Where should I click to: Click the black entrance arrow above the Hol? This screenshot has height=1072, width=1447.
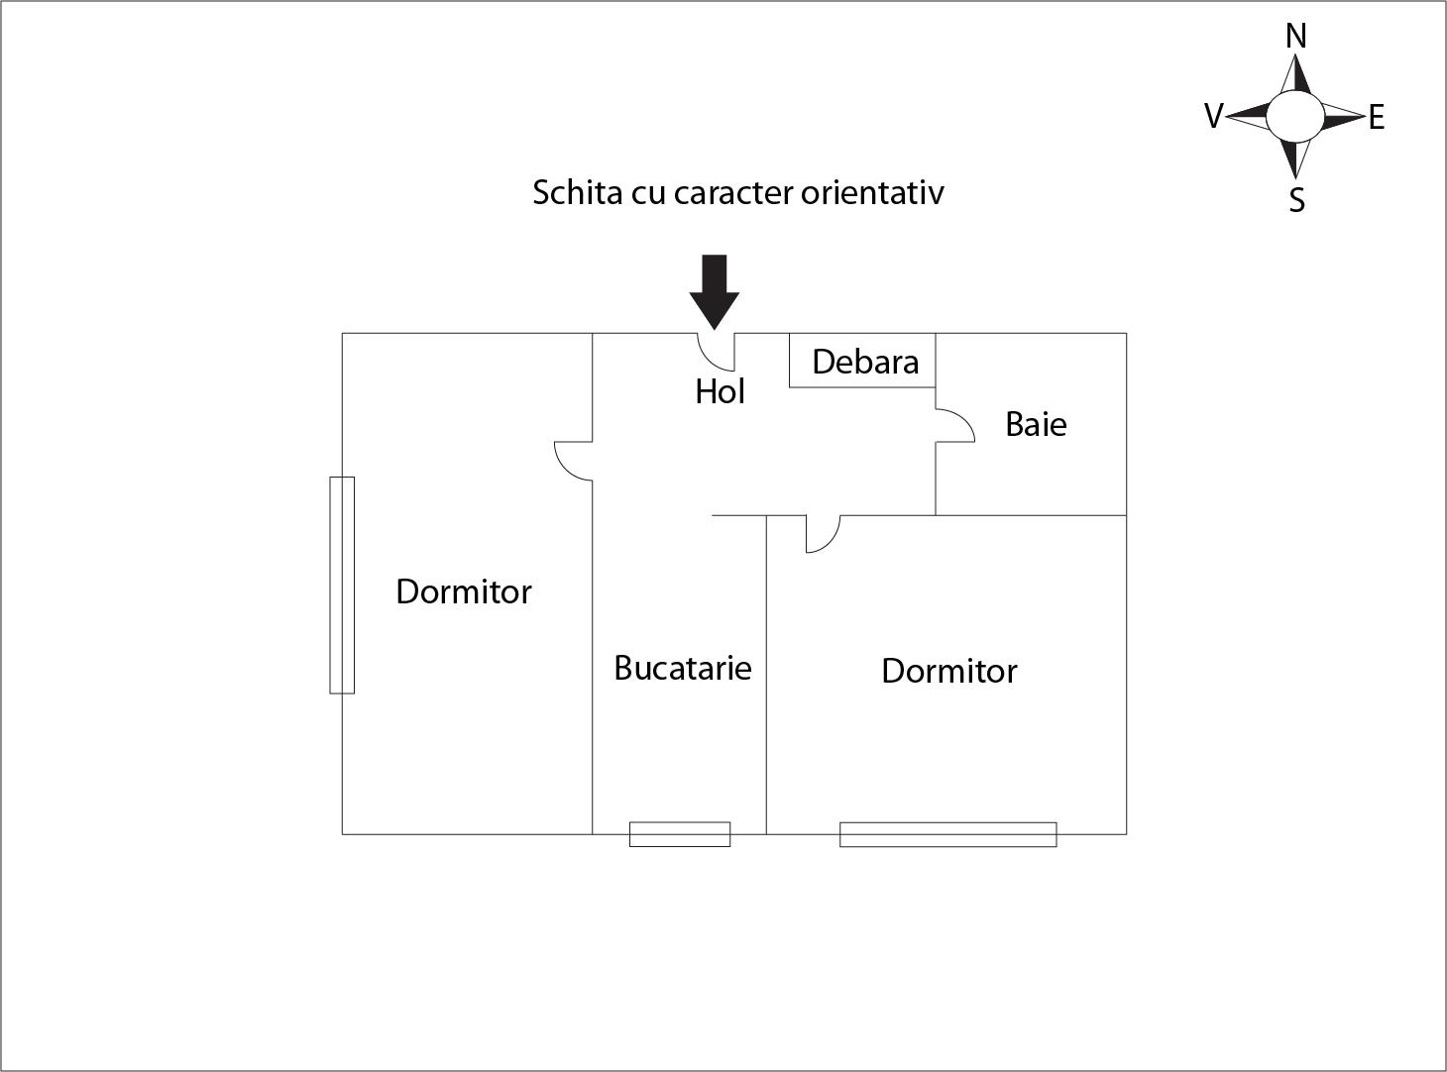[715, 291]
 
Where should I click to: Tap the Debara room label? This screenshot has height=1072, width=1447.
[865, 362]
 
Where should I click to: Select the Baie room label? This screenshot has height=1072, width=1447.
[1036, 424]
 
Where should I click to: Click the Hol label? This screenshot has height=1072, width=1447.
[721, 391]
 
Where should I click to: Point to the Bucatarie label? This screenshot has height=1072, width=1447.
[683, 668]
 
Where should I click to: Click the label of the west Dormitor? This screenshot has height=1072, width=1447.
[464, 591]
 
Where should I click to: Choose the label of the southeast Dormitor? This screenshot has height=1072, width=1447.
[949, 671]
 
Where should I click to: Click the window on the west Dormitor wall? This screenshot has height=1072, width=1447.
[342, 585]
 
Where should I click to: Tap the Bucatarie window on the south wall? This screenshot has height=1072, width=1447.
[680, 834]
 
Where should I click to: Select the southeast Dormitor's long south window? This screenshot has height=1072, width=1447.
[947, 834]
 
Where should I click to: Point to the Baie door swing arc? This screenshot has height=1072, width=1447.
[955, 425]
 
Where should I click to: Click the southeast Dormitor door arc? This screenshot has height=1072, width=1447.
[824, 534]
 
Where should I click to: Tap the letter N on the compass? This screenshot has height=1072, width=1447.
[1295, 37]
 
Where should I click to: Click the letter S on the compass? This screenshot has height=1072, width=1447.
[1297, 200]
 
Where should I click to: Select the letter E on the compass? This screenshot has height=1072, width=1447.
[1377, 118]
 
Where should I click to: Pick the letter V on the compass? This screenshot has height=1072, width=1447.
[1213, 116]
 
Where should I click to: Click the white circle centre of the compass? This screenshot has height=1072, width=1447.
[1295, 116]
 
